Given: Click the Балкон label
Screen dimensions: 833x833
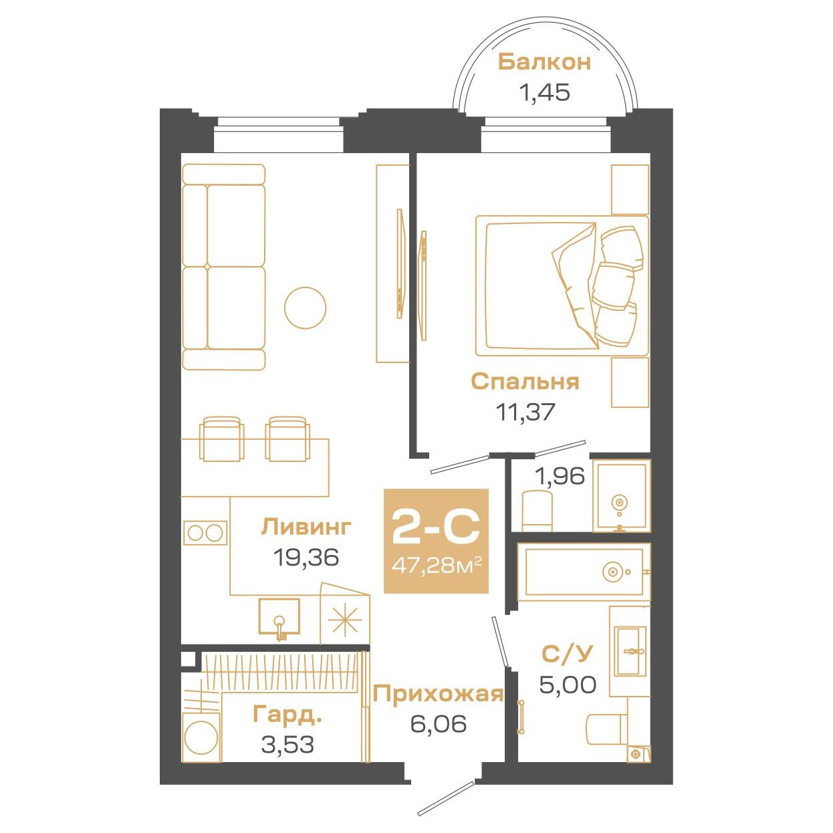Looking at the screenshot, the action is pos(544,62).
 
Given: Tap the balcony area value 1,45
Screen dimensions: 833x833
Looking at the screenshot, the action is pos(544,92).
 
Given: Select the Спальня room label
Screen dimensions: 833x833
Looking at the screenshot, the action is pos(525,382).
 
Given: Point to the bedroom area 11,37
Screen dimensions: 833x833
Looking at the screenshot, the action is pos(525,412).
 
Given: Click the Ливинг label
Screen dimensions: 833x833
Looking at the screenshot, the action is pos(306,527).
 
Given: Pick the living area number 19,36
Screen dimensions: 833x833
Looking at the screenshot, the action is pos(306,557).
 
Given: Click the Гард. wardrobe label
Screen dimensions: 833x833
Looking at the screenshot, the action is pos(287,714).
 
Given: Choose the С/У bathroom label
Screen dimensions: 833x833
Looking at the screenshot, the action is pos(566,654).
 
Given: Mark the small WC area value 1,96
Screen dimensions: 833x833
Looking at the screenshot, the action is pos(560,476).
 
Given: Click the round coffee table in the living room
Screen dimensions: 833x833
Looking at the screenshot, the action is pos(306,308).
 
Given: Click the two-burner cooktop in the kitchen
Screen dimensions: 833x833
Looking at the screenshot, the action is pos(205,533).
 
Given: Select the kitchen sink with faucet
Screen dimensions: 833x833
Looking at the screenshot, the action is pos(279,618).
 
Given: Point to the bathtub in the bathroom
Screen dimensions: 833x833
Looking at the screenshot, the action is pos(584,572).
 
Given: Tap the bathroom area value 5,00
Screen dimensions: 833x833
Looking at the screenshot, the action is pos(568,685).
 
